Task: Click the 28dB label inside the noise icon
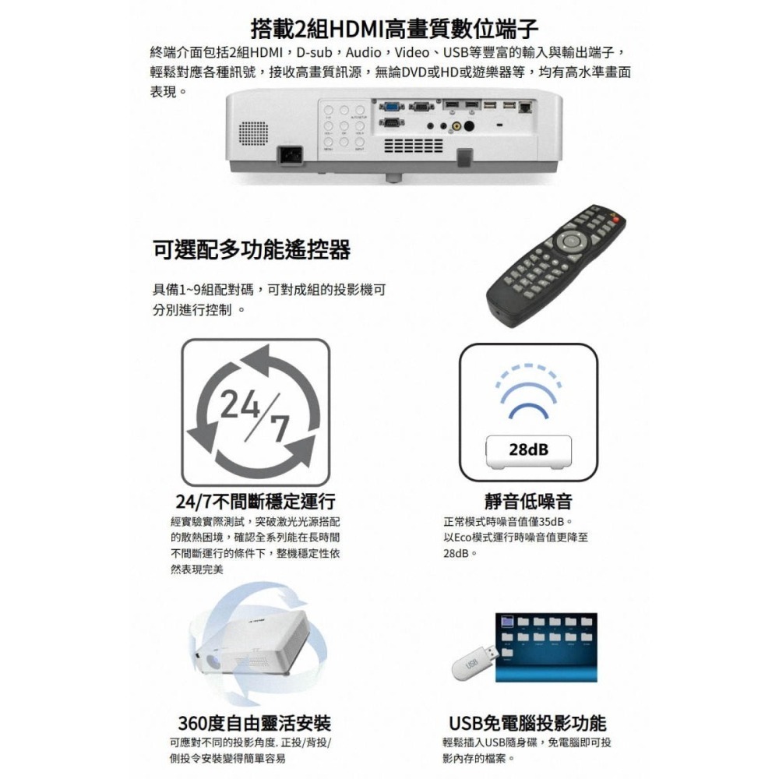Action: click(527, 449)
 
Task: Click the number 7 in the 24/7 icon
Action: click(279, 429)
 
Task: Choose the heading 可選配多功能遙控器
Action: click(251, 250)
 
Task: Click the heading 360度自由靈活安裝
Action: click(255, 723)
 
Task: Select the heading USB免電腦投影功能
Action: click(527, 723)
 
